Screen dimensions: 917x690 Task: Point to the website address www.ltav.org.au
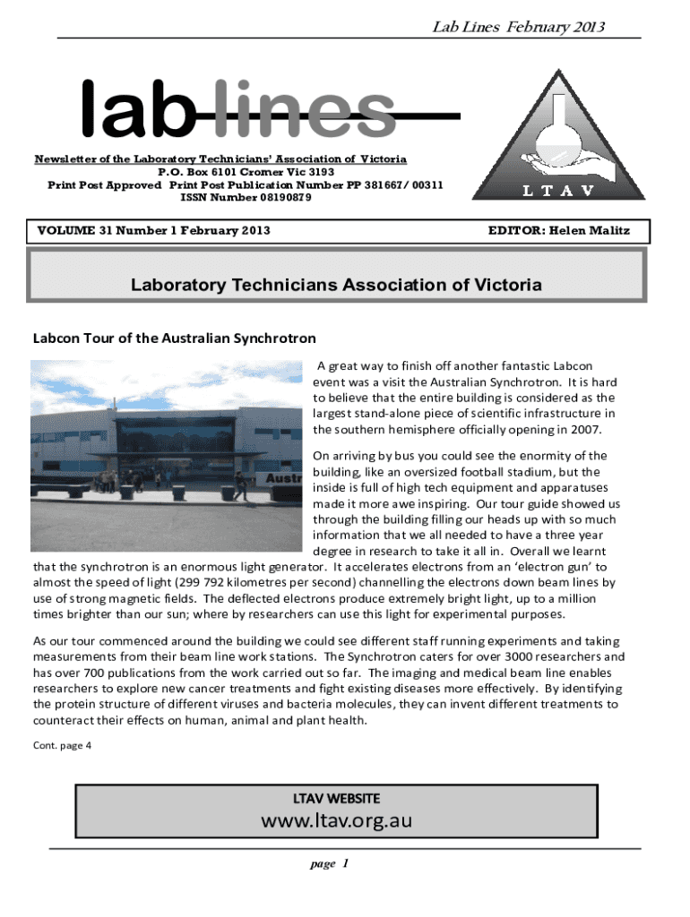coord(336,819)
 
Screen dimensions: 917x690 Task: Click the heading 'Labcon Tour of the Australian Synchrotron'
coord(175,339)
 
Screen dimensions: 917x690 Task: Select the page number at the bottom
coord(328,864)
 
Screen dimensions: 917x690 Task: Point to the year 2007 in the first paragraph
coord(584,429)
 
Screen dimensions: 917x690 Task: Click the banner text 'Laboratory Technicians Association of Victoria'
coord(336,286)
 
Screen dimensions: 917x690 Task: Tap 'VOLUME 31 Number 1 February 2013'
coord(153,231)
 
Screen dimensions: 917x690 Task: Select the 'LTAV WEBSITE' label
coord(336,797)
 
